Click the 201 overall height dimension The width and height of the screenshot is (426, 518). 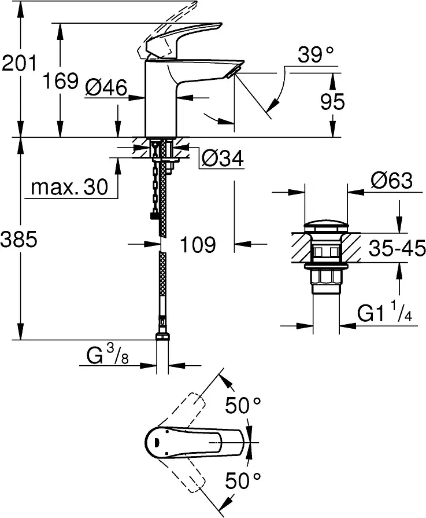click(19, 63)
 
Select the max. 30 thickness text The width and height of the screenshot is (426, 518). click(70, 187)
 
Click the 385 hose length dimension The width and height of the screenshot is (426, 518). click(19, 240)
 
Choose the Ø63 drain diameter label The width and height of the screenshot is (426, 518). click(392, 182)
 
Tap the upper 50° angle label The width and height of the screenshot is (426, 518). click(243, 406)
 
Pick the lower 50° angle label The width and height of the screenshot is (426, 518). click(243, 480)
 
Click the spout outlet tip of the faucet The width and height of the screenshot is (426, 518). click(232, 72)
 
